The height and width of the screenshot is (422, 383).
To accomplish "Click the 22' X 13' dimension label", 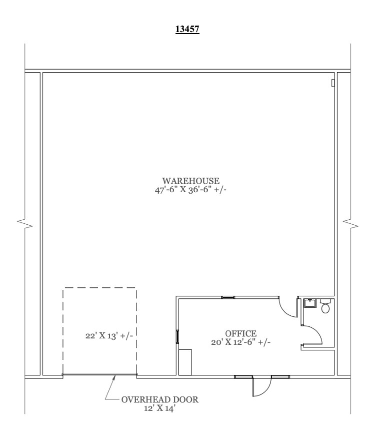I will [108, 334].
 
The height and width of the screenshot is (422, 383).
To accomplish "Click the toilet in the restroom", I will [325, 307].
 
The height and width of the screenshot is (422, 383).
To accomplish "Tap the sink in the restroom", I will [309, 302].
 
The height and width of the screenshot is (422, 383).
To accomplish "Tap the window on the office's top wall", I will [228, 297].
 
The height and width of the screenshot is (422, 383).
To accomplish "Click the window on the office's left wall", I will [177, 336].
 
